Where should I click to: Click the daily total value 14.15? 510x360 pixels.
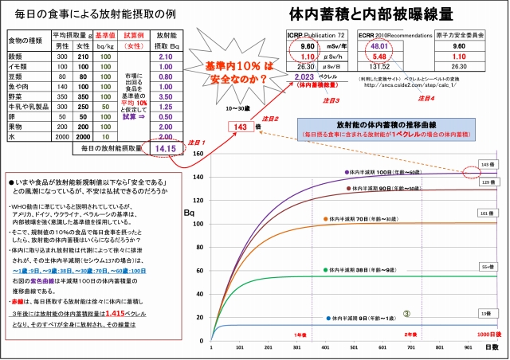point(167,147)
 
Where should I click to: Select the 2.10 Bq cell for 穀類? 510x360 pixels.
point(167,57)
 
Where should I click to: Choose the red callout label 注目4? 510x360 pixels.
point(426,99)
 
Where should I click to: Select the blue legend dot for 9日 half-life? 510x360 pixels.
point(328,319)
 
